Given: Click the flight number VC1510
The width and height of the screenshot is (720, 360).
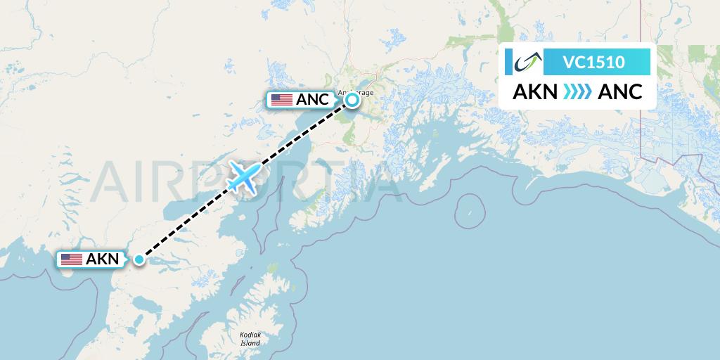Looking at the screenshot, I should pos(593,62).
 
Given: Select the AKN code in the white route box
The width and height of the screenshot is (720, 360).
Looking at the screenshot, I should pos(535,91).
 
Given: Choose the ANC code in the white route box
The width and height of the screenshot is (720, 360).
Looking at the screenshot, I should pos(619,91).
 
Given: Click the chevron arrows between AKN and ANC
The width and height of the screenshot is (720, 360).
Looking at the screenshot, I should pos(577,92).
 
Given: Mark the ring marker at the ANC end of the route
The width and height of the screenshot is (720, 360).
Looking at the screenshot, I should pos(352,100).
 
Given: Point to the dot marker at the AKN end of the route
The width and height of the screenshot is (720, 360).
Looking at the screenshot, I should pos(139,259).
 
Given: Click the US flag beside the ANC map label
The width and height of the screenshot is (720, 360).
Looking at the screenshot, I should pos(281,100).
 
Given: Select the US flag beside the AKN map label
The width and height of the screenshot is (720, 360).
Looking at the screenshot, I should pos(71,259).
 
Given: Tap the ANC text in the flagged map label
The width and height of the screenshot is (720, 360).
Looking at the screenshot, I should pos(312,100).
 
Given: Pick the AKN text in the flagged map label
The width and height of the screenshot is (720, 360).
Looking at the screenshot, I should pos(102,259).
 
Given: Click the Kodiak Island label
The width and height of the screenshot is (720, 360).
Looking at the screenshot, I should pos(250,339).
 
